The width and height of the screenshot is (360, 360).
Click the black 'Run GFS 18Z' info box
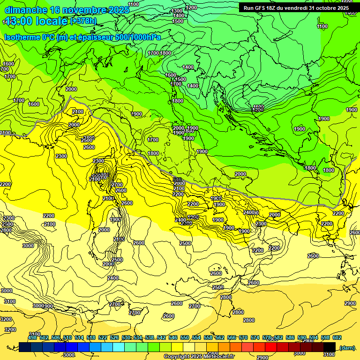pyautogui.click(x=295, y=7)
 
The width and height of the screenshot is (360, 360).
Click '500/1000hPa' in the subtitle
pyautogui.click(x=140, y=37)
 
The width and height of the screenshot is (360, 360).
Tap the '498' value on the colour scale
pyautogui.click(x=32, y=337)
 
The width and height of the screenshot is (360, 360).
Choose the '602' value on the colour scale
pyautogui.click(x=337, y=337)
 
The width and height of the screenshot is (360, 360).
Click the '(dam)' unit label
pyautogui.click(x=347, y=347)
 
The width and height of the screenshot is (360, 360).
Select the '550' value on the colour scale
pyautogui.click(x=185, y=337)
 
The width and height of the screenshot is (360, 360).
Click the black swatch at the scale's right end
pyautogui.click(x=330, y=347)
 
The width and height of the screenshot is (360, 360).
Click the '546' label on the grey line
pyautogui.click(x=177, y=180)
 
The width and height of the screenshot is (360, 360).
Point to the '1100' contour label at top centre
pyautogui.click(x=133, y=4)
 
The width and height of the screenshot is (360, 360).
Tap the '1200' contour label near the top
pyautogui.click(x=191, y=8)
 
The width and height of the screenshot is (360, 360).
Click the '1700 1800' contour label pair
pyautogui.click(x=159, y=53)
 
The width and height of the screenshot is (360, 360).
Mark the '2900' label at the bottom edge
pyautogui.click(x=262, y=358)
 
